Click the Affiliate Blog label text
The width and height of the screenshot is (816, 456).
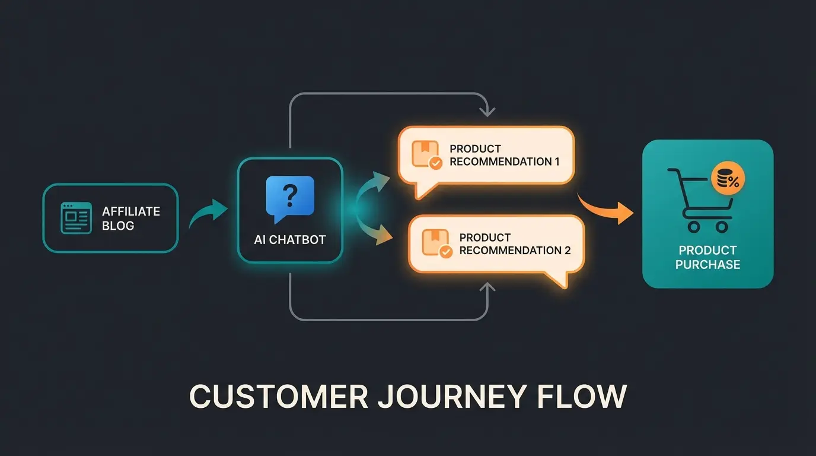(131, 218)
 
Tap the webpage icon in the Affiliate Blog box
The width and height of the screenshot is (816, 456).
(76, 218)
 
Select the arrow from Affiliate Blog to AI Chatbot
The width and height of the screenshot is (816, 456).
(208, 214)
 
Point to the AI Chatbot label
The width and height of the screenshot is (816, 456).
(290, 240)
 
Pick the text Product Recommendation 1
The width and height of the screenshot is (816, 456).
(504, 155)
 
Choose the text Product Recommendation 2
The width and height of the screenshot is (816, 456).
(515, 244)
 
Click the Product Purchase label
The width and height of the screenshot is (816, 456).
(707, 257)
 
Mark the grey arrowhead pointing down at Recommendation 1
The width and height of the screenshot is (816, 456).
(487, 110)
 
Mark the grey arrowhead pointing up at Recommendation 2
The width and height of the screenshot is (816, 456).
(487, 288)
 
